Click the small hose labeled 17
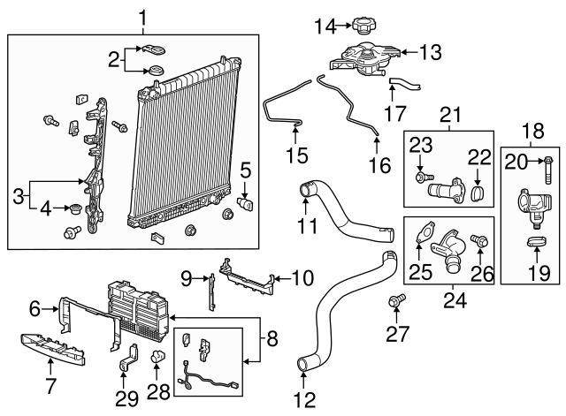click(404, 85)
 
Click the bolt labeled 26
click(480, 240)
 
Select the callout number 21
click(451, 115)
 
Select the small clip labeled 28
click(156, 356)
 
